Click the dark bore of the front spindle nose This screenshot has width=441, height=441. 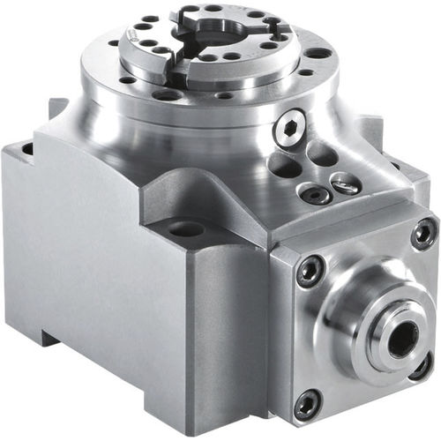coord(401,339)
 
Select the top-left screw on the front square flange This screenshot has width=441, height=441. coord(310,270)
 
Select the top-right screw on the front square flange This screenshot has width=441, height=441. coord(423,233)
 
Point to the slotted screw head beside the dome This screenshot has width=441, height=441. coord(346,183)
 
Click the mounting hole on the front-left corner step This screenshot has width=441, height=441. coord(186,229)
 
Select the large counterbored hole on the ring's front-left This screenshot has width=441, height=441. coord(168,93)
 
